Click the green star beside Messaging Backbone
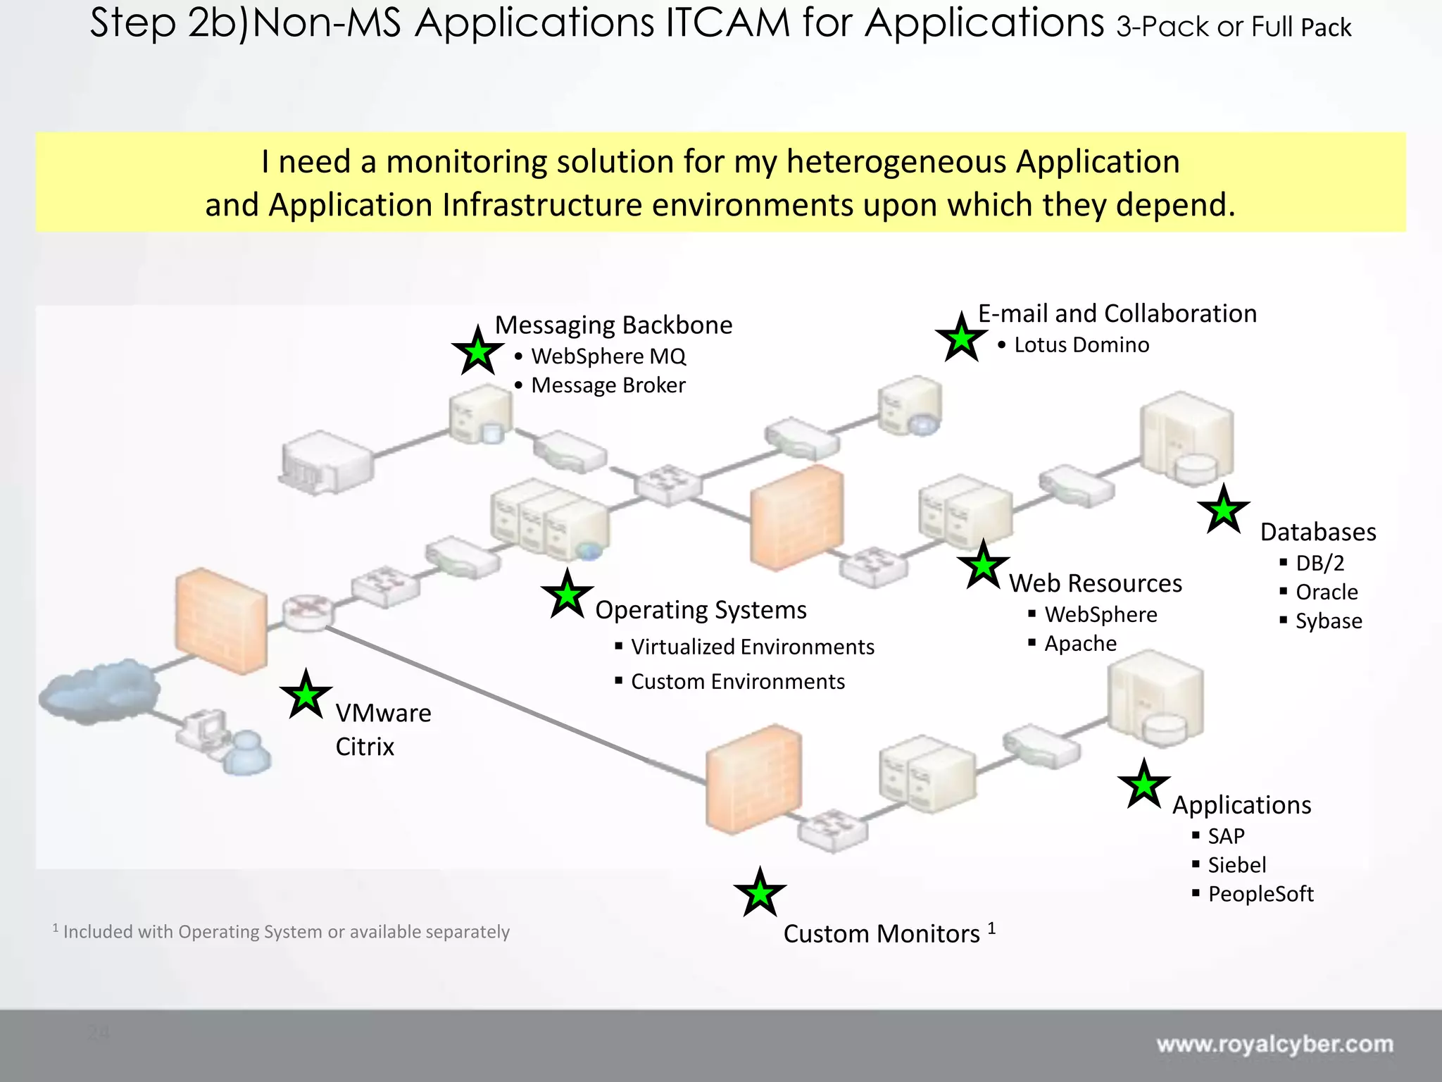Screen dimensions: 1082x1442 tap(478, 352)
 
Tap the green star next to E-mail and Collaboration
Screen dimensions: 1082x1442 tap(961, 339)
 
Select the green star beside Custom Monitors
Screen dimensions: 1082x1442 tap(760, 893)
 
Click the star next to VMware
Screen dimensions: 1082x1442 tap(306, 695)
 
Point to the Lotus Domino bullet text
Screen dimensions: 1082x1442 tap(1081, 345)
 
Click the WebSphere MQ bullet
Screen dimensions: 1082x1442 tap(608, 356)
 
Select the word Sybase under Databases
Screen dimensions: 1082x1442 tap(1329, 621)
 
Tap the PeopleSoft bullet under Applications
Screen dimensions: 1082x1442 tap(1260, 894)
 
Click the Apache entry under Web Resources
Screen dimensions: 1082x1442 tap(1080, 644)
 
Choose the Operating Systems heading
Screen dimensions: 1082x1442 tap(701, 610)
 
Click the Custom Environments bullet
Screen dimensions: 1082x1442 tap(737, 682)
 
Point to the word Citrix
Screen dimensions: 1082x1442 tap(365, 747)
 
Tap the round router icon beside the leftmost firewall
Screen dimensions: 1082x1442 tap(307, 611)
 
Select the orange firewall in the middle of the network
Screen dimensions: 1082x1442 tap(796, 518)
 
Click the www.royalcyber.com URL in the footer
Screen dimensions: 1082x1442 tap(1274, 1044)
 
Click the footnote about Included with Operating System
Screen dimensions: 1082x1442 tap(282, 932)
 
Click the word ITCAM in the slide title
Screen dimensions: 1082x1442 tap(727, 23)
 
